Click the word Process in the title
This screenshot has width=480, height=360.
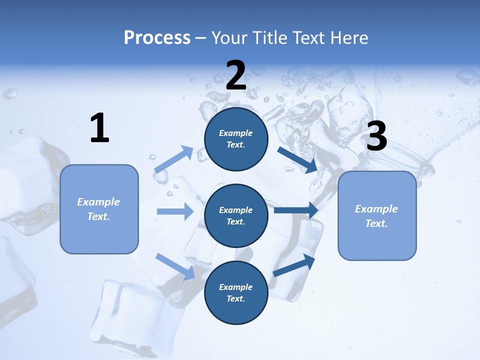[x=157, y=38]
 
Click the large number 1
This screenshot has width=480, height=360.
[x=99, y=128]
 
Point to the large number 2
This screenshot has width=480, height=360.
[x=236, y=75]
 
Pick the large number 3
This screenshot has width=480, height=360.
[x=376, y=136]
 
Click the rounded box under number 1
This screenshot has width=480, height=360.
[x=99, y=209]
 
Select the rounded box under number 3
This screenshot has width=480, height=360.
[x=377, y=216]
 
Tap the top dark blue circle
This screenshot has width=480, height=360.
[x=236, y=139]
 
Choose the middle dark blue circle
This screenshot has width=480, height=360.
[x=236, y=216]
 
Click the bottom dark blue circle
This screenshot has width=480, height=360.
[x=236, y=293]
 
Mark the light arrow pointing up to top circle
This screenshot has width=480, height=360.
[x=174, y=159]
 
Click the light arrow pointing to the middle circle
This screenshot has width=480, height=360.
[x=175, y=211]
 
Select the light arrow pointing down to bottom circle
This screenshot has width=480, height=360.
[x=175, y=266]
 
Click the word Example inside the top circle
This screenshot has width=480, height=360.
[x=236, y=133]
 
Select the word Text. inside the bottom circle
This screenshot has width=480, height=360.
[x=236, y=298]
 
